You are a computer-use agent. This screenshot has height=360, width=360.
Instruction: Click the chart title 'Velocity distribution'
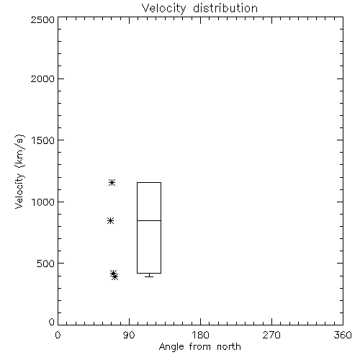[x=199, y=8]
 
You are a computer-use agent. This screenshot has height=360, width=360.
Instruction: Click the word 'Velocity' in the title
[x=164, y=9]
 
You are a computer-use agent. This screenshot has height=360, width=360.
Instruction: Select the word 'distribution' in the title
[x=225, y=8]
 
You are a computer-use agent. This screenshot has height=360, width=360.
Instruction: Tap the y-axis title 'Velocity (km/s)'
[x=19, y=171]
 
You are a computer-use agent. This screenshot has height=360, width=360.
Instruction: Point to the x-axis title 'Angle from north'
[x=199, y=347]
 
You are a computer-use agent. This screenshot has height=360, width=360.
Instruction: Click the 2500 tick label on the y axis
[x=42, y=19]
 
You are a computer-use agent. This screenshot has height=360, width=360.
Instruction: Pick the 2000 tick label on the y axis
[x=42, y=78]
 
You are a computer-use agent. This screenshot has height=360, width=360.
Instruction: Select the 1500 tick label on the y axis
[x=43, y=140]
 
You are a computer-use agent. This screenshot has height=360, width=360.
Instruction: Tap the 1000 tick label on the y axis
[x=43, y=202]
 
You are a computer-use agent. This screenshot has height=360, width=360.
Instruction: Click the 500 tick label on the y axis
[x=46, y=264]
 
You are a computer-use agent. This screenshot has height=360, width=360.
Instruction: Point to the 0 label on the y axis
[x=52, y=322]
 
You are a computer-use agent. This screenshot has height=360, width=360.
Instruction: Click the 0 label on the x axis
[x=58, y=335]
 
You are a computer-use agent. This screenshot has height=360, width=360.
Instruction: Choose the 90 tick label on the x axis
[x=129, y=335]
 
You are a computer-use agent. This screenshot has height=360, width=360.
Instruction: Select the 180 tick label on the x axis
[x=200, y=335]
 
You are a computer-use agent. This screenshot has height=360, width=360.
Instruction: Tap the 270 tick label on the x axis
[x=271, y=335]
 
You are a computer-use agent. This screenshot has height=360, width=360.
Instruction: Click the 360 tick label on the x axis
[x=343, y=335]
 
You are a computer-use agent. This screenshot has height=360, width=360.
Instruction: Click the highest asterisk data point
[x=112, y=183]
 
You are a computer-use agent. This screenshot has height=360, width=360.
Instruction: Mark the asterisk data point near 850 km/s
[x=110, y=221]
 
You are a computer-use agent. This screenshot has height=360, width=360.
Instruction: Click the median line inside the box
[x=149, y=220]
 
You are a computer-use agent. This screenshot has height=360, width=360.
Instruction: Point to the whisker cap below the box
[x=149, y=276]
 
